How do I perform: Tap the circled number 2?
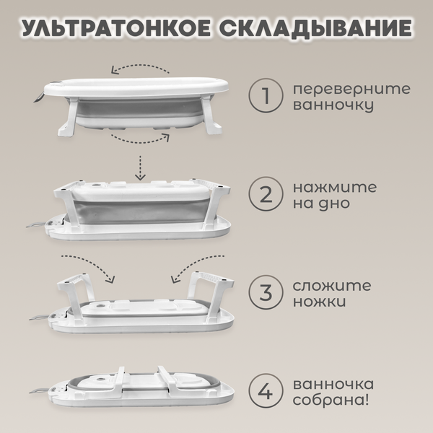(264, 194)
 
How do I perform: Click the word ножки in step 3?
(317, 302)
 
